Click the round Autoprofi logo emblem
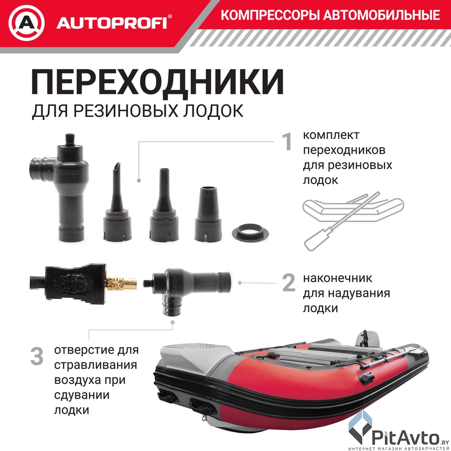(x=26, y=23)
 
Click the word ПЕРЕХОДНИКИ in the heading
(x=157, y=82)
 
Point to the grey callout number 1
(x=287, y=141)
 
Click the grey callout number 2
(x=289, y=282)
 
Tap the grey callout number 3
(x=37, y=357)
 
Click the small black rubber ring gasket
(x=250, y=232)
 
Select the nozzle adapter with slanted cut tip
(x=117, y=202)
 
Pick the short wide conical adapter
(x=208, y=214)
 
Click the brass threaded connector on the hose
(x=121, y=283)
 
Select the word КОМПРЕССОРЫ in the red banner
(x=270, y=15)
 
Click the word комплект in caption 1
(x=331, y=135)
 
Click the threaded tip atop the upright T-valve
(x=70, y=140)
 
